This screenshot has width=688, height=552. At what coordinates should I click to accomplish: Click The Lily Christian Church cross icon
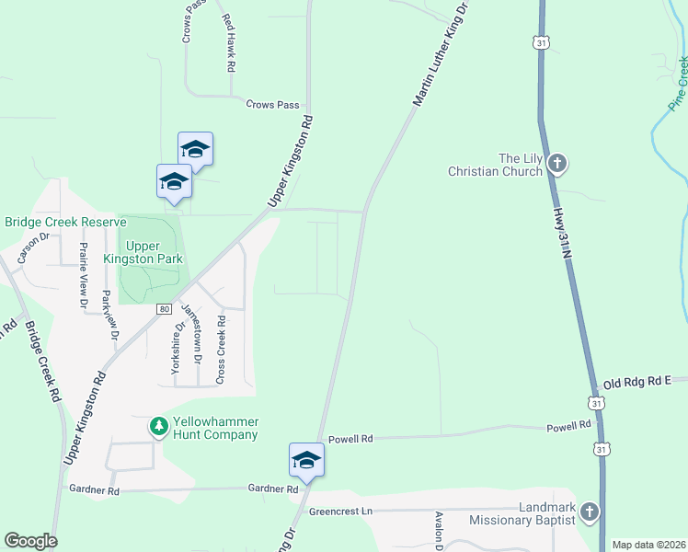click(x=556, y=165)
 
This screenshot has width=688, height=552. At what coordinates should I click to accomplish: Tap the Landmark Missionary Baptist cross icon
click(x=590, y=512)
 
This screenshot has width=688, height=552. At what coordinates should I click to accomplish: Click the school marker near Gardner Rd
click(x=306, y=460)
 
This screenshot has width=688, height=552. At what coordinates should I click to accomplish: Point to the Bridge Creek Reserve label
click(x=64, y=223)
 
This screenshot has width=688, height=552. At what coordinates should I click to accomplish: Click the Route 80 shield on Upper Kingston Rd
click(x=163, y=309)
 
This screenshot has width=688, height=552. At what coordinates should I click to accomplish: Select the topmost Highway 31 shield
click(x=541, y=41)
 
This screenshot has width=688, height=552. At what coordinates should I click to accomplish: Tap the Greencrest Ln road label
click(x=339, y=511)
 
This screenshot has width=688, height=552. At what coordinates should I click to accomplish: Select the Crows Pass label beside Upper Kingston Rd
click(x=272, y=105)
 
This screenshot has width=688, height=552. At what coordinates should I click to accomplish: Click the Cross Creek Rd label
click(x=220, y=351)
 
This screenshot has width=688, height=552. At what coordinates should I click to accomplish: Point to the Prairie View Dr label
click(x=83, y=273)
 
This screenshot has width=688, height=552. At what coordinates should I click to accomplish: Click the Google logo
click(x=30, y=541)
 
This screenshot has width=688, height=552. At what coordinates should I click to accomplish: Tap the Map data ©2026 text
click(x=648, y=545)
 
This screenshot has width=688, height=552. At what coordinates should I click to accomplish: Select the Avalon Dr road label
click(x=440, y=532)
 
